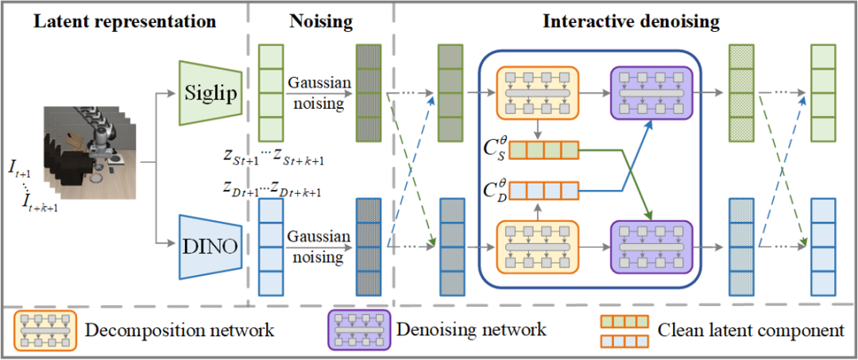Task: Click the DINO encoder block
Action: (208, 247)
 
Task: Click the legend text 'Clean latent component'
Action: (751, 331)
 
